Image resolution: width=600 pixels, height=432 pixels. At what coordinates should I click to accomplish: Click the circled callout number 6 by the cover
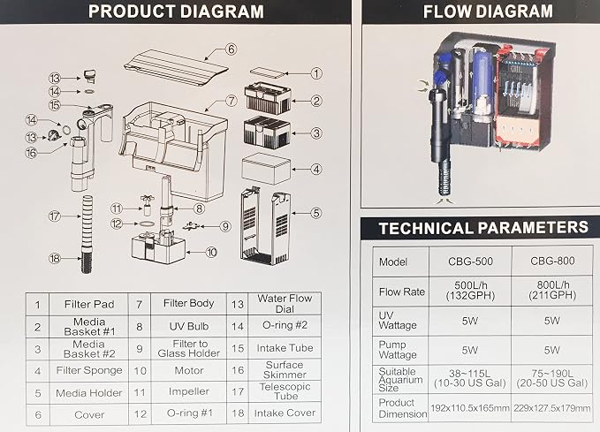pos(231,49)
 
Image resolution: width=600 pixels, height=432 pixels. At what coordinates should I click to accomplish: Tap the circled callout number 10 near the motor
pos(211,252)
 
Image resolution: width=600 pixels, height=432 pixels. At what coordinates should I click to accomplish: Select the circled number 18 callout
pos(55,259)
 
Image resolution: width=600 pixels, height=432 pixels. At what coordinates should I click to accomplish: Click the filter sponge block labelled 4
pos(266,169)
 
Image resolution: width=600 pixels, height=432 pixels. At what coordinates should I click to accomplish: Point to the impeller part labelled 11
pos(147,205)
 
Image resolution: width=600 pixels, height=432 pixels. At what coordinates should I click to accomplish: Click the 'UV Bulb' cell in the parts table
pos(188,326)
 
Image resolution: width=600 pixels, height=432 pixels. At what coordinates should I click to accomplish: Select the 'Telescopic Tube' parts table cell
pos(285,391)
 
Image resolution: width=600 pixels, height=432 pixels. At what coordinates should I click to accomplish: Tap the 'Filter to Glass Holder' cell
pos(188,349)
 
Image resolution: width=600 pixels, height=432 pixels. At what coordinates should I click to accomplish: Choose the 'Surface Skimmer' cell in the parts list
pos(285,370)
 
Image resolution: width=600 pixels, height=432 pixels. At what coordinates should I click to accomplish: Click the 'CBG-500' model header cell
pos(470,261)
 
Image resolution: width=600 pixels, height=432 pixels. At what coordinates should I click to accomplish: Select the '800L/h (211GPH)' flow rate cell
pos(552,291)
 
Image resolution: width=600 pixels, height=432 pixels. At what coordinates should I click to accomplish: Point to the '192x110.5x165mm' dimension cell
pos(470,408)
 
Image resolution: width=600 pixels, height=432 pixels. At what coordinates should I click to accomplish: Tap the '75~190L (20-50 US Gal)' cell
pos(552,378)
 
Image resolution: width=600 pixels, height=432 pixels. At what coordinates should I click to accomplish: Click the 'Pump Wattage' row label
pos(398,350)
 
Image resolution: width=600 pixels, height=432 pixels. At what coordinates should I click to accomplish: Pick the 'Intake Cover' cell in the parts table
pos(285,413)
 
